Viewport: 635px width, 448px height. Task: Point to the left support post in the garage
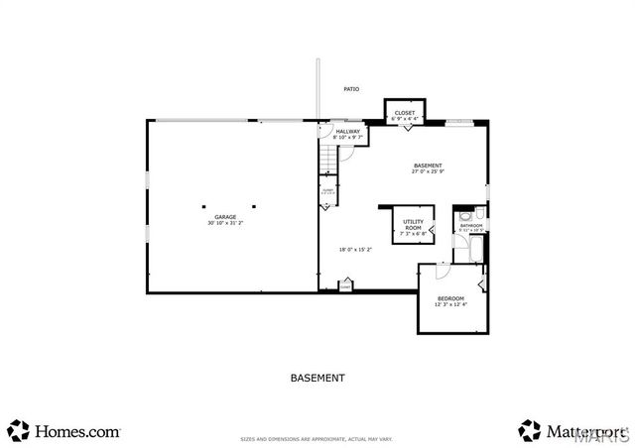(x=203, y=207)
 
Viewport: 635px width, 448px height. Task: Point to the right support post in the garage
(x=254, y=207)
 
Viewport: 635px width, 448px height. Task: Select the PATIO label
(x=351, y=89)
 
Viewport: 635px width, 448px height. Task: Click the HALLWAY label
(x=347, y=131)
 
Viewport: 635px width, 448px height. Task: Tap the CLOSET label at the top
(x=405, y=113)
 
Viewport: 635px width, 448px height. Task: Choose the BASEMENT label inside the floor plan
(x=428, y=166)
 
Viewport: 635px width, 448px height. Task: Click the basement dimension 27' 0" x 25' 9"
(x=428, y=171)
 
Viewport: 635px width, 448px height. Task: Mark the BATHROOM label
(x=470, y=225)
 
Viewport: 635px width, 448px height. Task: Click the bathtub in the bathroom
(x=472, y=248)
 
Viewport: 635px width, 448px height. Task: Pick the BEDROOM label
(x=450, y=298)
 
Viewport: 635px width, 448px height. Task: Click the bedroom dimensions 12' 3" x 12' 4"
(x=450, y=304)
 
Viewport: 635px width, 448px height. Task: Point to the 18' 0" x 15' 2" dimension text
(x=355, y=249)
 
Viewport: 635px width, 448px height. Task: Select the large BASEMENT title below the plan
(x=317, y=378)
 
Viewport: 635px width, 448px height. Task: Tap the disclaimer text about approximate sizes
(x=317, y=437)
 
